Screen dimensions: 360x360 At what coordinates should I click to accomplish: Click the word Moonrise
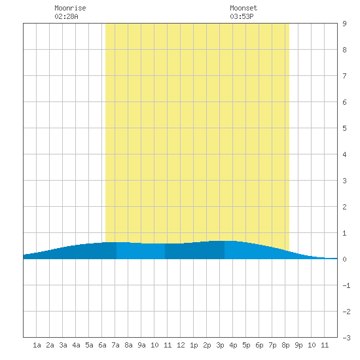pyautogui.click(x=70, y=8)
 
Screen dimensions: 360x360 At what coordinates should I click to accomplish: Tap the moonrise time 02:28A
pyautogui.click(x=66, y=16)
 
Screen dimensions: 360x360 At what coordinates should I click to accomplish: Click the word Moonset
pyautogui.click(x=243, y=8)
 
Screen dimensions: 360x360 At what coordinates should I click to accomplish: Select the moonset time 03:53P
pyautogui.click(x=242, y=16)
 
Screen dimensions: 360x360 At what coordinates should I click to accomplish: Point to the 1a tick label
pyautogui.click(x=37, y=345)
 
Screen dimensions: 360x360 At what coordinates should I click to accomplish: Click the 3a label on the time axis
pyautogui.click(x=63, y=345)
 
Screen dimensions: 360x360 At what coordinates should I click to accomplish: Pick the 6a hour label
pyautogui.click(x=102, y=345)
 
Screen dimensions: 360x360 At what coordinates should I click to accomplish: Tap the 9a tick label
pyautogui.click(x=141, y=345)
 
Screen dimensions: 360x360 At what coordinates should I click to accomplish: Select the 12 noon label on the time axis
pyautogui.click(x=181, y=345)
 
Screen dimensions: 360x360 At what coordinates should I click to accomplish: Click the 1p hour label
pyautogui.click(x=194, y=345)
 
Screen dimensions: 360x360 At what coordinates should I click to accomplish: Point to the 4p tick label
pyautogui.click(x=233, y=345)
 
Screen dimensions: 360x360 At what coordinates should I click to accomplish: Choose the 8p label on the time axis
pyautogui.click(x=285, y=345)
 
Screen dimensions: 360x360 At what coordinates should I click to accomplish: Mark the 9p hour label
pyautogui.click(x=298, y=345)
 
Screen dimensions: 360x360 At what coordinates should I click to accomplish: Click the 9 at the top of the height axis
pyautogui.click(x=344, y=24)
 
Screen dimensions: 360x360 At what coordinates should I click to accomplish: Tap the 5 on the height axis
pyautogui.click(x=344, y=128)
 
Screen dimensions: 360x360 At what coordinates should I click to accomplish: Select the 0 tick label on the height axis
pyautogui.click(x=344, y=259)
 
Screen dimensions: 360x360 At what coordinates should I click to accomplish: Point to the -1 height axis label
pyautogui.click(x=346, y=285)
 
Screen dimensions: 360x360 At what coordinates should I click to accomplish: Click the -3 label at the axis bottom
pyautogui.click(x=346, y=338)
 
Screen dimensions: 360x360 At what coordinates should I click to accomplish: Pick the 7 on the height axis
pyautogui.click(x=344, y=76)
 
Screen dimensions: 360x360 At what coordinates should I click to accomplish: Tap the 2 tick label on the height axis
pyautogui.click(x=344, y=207)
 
